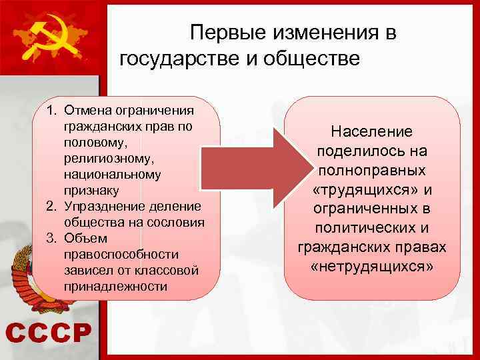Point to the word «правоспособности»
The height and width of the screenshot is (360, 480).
[x=121, y=254]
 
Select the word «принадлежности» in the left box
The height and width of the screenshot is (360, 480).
[x=115, y=286]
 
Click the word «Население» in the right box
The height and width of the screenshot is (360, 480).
[x=372, y=132]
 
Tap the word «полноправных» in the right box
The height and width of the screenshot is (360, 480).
[x=372, y=171]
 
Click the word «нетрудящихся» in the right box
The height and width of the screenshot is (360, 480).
[x=372, y=267]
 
